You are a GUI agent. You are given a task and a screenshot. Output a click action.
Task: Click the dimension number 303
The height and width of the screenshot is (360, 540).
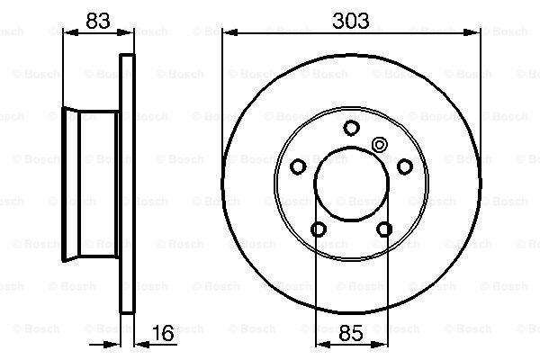351,21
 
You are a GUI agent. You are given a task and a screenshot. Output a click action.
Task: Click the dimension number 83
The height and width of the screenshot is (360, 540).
98,21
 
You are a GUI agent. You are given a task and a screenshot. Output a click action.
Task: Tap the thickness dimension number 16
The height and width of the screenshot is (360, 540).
163,333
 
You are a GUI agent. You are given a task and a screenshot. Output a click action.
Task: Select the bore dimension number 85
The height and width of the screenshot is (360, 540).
351,333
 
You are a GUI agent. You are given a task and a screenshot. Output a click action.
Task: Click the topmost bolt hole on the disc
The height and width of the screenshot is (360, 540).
351,128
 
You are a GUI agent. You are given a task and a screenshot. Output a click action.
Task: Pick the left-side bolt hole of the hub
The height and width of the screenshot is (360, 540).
298,166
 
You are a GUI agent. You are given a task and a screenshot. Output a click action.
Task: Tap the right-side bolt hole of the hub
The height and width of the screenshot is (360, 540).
405,166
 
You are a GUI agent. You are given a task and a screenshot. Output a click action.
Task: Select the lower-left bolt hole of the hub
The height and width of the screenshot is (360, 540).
319,229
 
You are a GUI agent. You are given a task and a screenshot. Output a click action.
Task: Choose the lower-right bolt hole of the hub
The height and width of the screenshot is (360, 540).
384,229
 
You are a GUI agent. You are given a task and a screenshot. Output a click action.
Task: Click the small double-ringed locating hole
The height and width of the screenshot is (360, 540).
380,145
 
